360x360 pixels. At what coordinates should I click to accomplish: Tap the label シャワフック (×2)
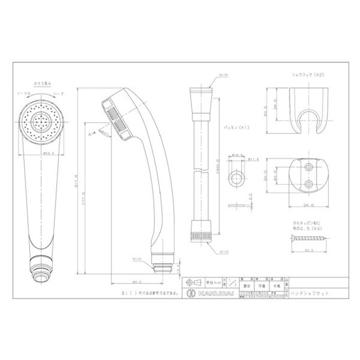coord(308,75)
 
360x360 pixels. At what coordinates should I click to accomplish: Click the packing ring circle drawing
coord(237,177)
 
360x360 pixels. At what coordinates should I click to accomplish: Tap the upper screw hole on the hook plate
coord(308,167)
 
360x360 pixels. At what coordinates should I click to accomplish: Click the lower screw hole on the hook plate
coord(308,184)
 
